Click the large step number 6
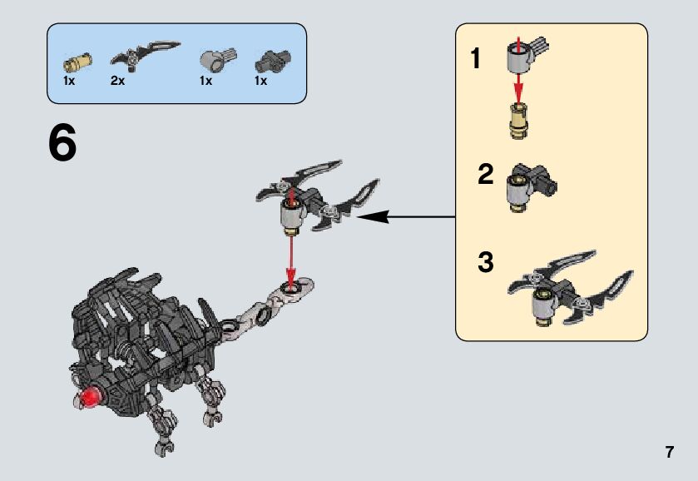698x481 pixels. pyautogui.click(x=62, y=143)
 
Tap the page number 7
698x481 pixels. pyautogui.click(x=669, y=453)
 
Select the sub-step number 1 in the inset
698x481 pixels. pyautogui.click(x=476, y=60)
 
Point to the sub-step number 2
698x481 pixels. pyautogui.click(x=486, y=175)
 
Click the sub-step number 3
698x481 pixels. pyautogui.click(x=486, y=262)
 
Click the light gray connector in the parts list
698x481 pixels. pyautogui.click(x=216, y=59)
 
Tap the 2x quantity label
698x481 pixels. pyautogui.click(x=117, y=82)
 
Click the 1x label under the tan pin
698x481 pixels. pyautogui.click(x=69, y=82)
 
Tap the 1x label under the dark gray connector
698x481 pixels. pyautogui.click(x=260, y=82)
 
